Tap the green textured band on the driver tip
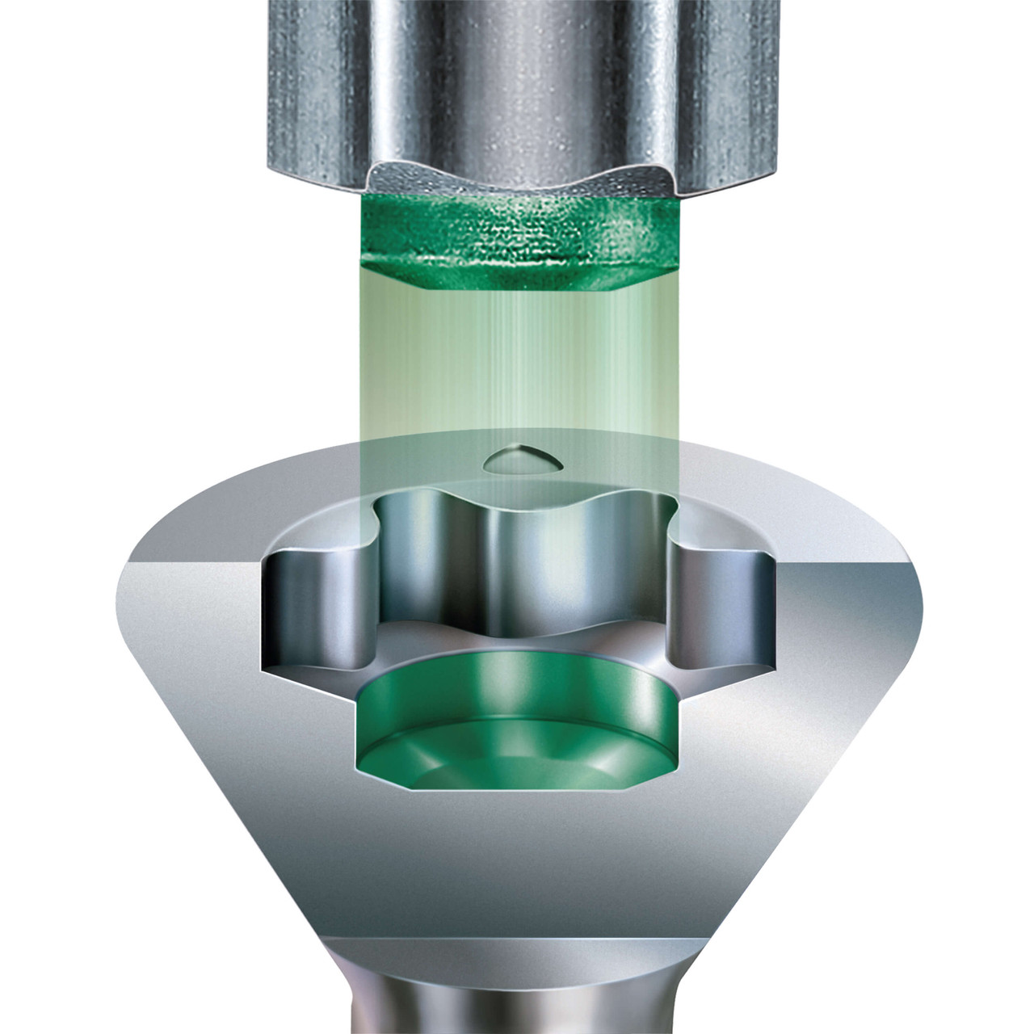tap(517, 230)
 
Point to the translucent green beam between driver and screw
tap(517, 364)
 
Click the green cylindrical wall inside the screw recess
tap(517, 679)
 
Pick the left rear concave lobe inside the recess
tap(420, 557)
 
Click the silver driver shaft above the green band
tap(517, 81)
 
